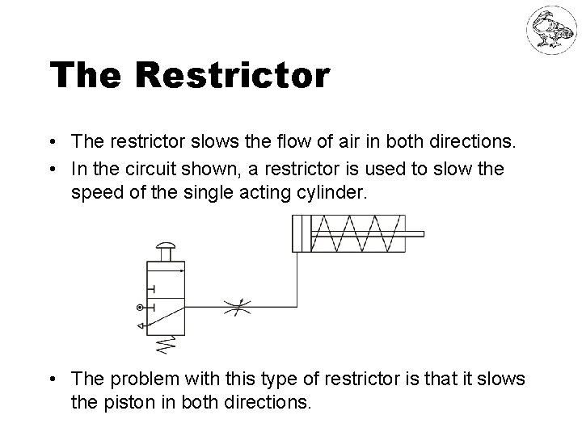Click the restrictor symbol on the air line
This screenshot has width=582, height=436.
pos(235,307)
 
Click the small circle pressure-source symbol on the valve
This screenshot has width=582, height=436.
pos(141,307)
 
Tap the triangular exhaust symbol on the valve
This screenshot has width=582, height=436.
pos(141,325)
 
